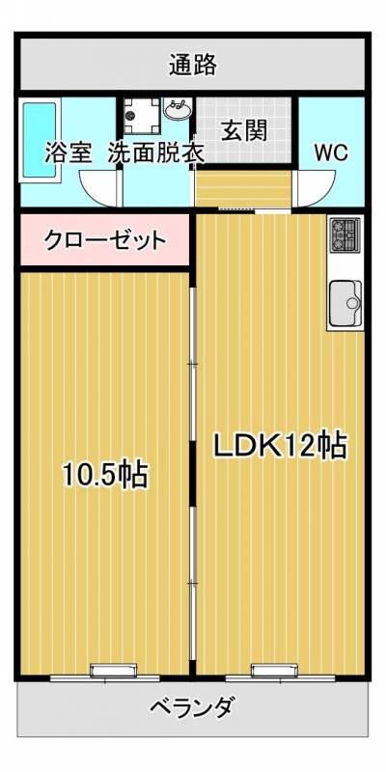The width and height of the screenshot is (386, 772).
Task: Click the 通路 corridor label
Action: click(192, 66)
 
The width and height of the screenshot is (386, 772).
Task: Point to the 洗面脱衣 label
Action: click(154, 152)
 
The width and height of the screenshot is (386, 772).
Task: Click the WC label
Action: click(331, 152)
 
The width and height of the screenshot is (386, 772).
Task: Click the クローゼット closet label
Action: click(105, 240)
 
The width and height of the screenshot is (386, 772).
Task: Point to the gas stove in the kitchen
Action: click(345, 233)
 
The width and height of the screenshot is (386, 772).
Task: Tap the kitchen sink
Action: click(345, 303)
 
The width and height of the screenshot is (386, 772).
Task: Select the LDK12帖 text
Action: click(280, 446)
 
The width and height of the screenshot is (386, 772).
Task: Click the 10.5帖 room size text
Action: click(105, 474)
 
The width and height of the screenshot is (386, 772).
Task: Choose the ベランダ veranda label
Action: click(191, 708)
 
